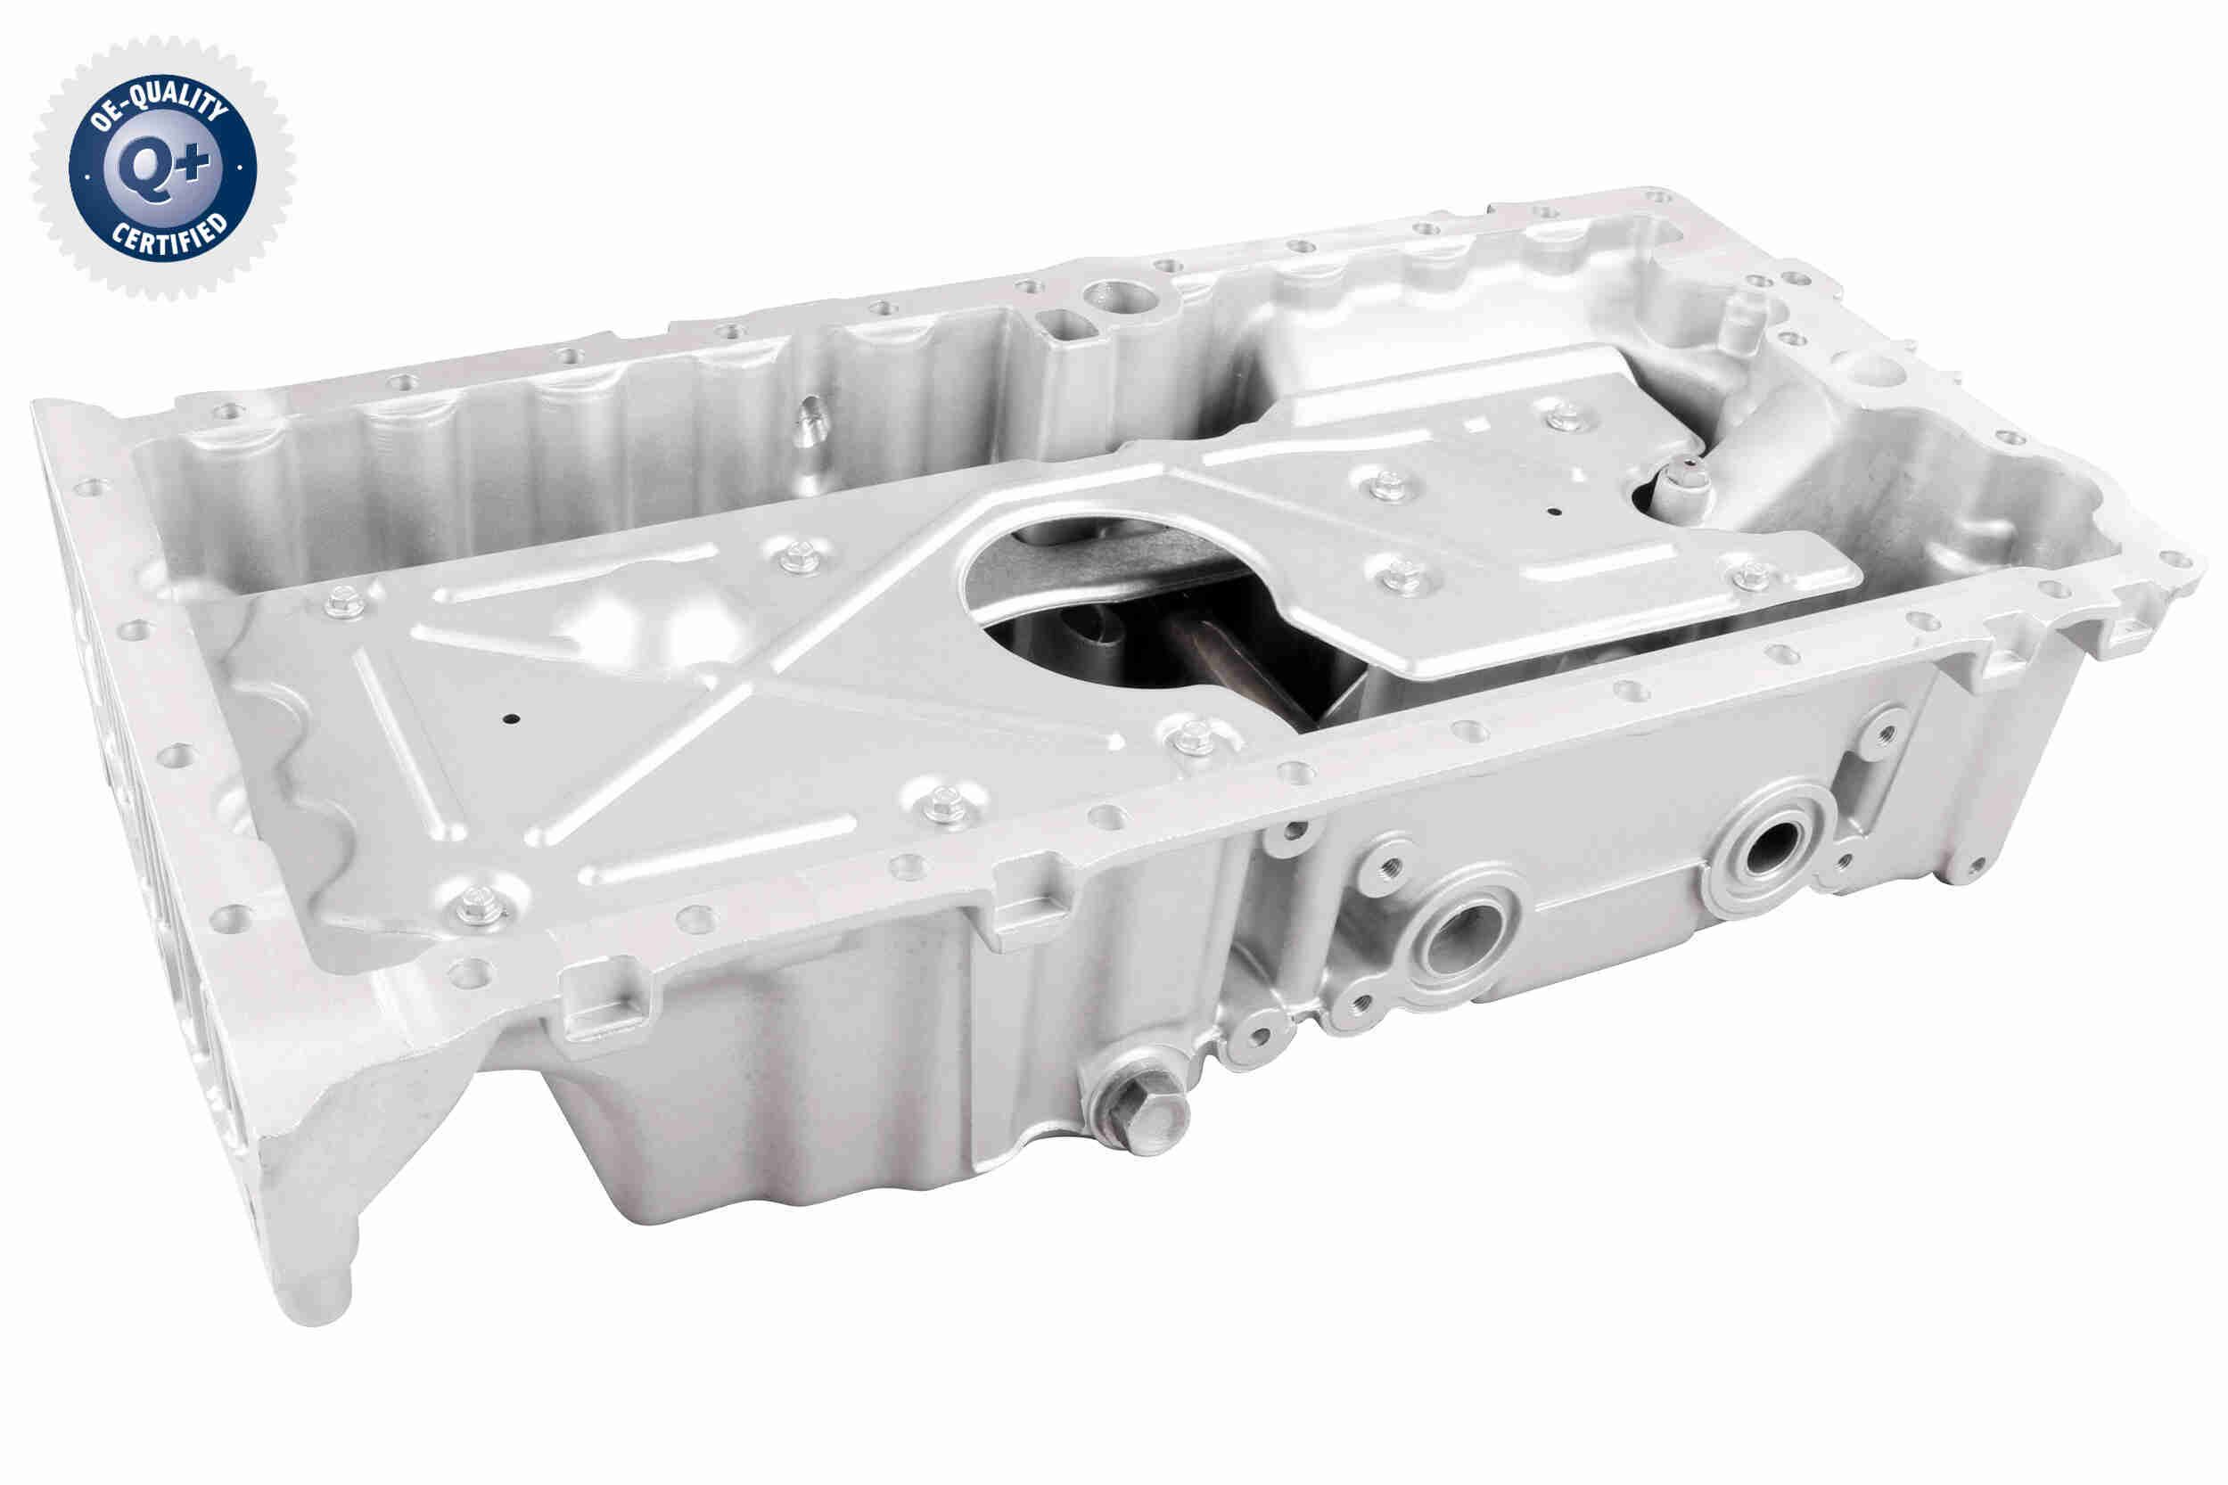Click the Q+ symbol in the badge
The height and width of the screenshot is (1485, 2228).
[162, 169]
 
